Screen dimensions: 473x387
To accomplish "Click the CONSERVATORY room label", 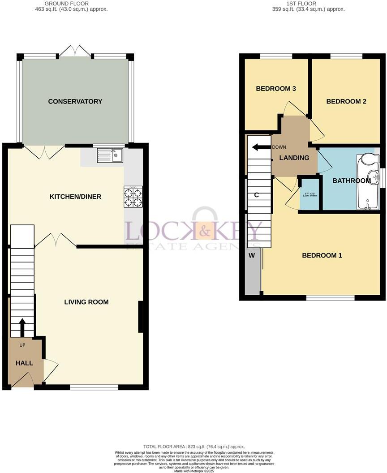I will pyautogui.click(x=75, y=102).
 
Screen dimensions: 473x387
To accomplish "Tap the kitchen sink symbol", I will pyautogui.click(x=110, y=155).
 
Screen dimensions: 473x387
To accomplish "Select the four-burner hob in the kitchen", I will pyautogui.click(x=133, y=197).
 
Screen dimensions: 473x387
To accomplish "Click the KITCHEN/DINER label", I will pyautogui.click(x=75, y=197).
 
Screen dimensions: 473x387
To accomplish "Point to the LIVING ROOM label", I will pyautogui.click(x=86, y=302).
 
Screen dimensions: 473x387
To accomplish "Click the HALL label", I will pyautogui.click(x=24, y=363).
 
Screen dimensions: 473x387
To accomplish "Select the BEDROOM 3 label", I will pyautogui.click(x=276, y=89).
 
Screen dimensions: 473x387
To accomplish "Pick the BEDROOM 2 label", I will pyautogui.click(x=346, y=102).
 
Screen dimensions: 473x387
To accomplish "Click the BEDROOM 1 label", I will pyautogui.click(x=322, y=256).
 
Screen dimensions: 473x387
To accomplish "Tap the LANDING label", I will pyautogui.click(x=294, y=158).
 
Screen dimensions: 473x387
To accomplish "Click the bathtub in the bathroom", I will pyautogui.click(x=368, y=182).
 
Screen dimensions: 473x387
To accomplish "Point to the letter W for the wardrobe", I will pyautogui.click(x=251, y=256).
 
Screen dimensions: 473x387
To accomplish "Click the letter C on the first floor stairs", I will pyautogui.click(x=256, y=195).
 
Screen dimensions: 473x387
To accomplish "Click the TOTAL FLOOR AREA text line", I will pyautogui.click(x=194, y=447).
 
